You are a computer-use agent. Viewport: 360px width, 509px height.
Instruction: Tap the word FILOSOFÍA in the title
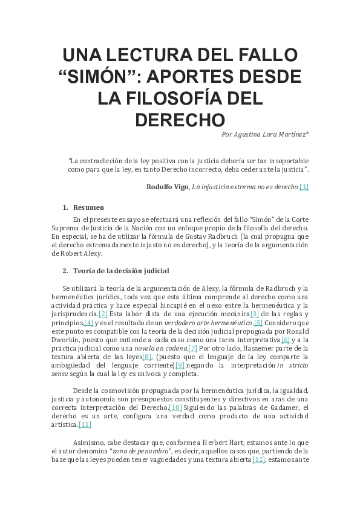(x=180, y=98)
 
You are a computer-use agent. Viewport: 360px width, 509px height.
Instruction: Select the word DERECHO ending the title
(x=180, y=119)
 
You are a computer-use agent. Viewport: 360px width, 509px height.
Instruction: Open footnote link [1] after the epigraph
(x=304, y=187)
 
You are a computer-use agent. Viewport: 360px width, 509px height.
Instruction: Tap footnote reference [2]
(x=103, y=314)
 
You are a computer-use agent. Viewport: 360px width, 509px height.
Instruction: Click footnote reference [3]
(x=254, y=314)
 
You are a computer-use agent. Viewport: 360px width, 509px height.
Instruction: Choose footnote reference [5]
(x=258, y=323)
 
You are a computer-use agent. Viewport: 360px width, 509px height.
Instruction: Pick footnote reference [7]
(x=192, y=348)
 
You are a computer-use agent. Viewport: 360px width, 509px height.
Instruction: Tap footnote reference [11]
(x=85, y=424)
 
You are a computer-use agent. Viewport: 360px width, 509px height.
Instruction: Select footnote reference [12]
(x=258, y=459)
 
